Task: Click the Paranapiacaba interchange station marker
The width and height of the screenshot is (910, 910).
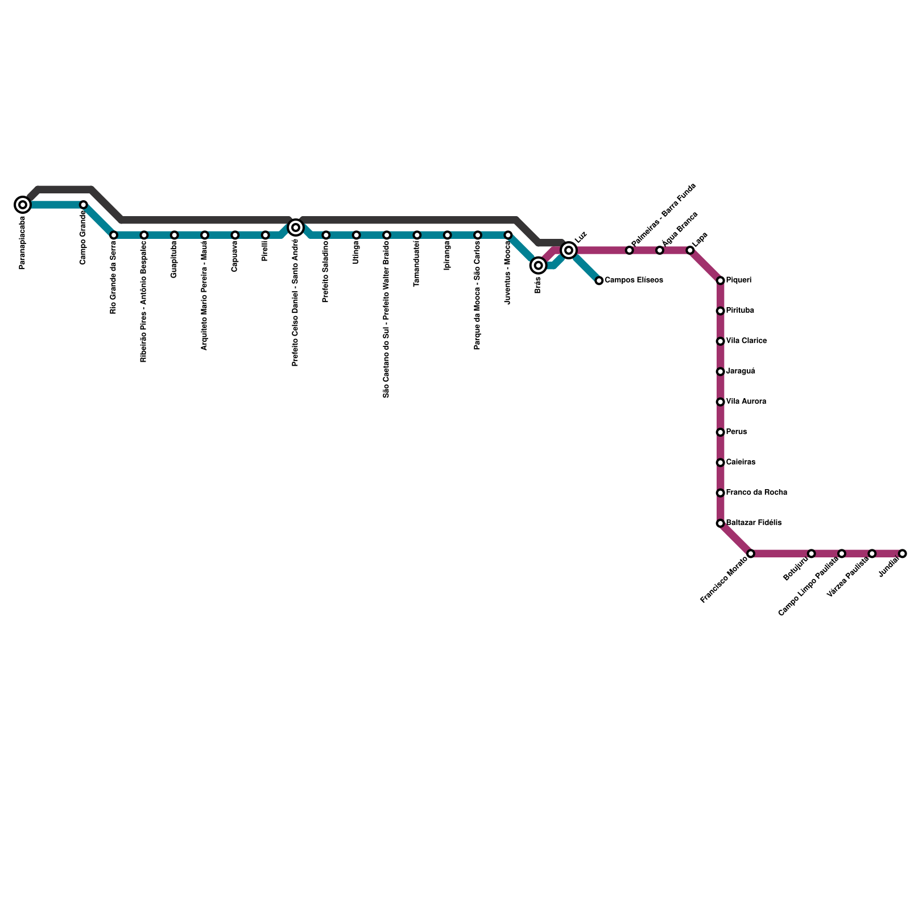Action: [23, 205]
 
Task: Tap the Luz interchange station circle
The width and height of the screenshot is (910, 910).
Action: [569, 250]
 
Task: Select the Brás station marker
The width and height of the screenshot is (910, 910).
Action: [538, 265]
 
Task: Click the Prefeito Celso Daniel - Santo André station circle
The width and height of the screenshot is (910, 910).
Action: [296, 227]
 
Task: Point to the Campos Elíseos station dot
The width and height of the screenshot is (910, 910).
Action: [599, 280]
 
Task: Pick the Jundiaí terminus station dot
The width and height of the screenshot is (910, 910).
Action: [902, 553]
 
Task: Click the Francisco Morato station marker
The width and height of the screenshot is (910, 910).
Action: [751, 553]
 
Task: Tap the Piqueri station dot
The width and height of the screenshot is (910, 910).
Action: [720, 280]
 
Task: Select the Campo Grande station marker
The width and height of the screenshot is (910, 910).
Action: [83, 205]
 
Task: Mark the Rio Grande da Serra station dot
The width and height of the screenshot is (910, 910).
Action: [114, 235]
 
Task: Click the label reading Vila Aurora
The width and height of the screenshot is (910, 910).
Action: [746, 402]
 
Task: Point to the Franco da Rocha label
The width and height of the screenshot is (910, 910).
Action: [756, 493]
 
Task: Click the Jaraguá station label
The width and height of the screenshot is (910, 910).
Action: [741, 371]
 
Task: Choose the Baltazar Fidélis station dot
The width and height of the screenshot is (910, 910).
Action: [720, 523]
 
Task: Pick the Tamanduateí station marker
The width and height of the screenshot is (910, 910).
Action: [417, 235]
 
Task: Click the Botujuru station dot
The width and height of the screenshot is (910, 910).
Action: [811, 553]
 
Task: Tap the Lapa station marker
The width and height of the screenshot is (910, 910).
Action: [690, 250]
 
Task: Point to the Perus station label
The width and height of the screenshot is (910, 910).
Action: [737, 432]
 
